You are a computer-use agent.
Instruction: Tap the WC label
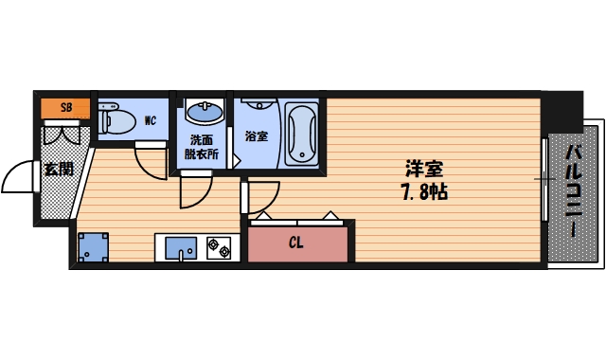point(150,120)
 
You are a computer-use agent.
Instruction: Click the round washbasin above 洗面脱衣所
point(202,115)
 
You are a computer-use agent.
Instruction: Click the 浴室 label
point(256,135)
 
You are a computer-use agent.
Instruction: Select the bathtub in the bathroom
point(302,134)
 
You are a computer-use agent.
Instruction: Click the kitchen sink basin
point(179,249)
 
